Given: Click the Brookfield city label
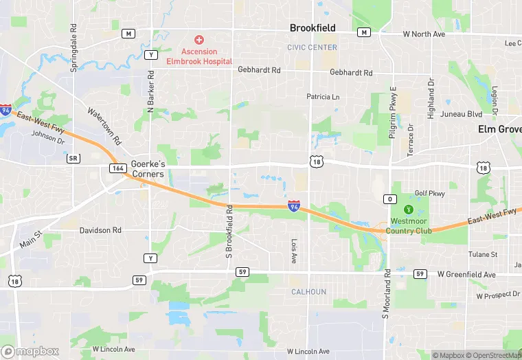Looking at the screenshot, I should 313,28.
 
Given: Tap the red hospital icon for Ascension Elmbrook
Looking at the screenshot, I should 199,41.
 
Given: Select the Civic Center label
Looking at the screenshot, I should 313,47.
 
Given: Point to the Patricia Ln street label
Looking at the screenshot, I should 323,97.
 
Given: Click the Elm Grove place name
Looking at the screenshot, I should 500,128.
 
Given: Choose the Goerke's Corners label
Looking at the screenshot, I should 148,169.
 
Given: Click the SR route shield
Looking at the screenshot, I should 73,158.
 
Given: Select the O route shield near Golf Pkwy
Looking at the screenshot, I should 390,199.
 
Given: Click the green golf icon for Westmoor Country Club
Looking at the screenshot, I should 409,209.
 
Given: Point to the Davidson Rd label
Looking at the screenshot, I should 100,230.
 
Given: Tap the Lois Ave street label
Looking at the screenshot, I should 294,251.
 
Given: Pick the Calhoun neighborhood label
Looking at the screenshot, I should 308,292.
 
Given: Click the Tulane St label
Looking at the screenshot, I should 483,254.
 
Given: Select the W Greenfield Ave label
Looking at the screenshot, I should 466,275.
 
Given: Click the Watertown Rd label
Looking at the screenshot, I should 104,126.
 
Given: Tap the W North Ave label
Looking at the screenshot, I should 424,34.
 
